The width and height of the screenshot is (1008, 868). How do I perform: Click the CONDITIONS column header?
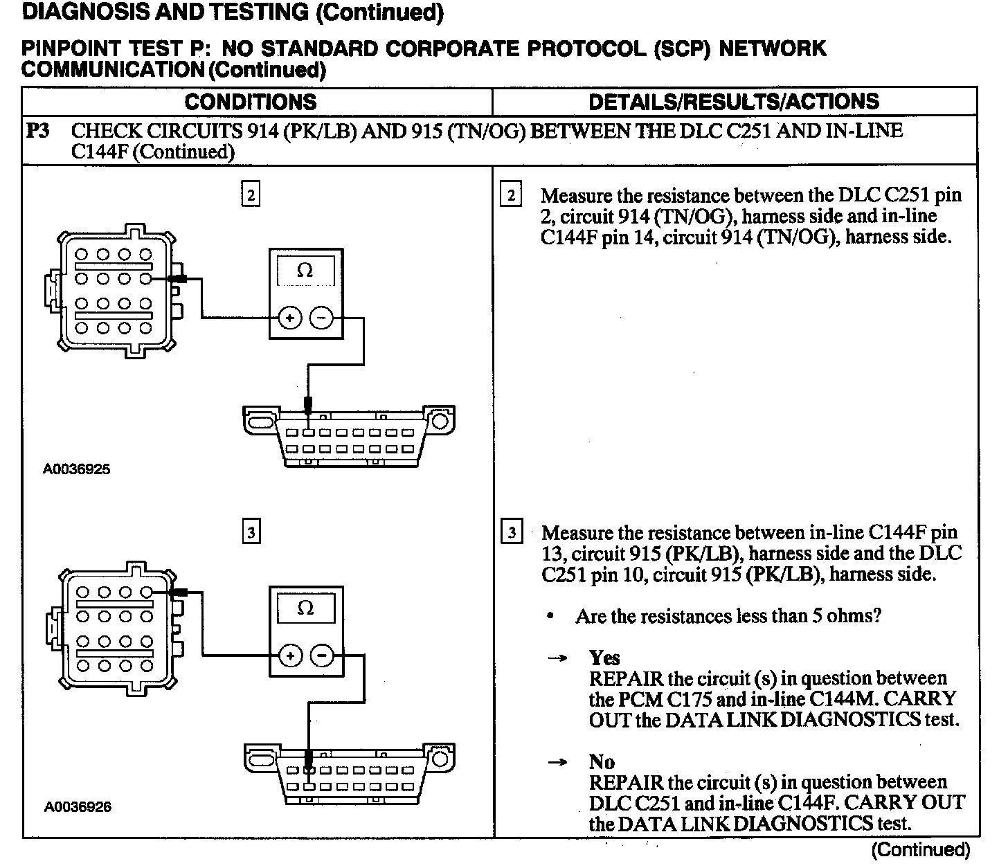(250, 102)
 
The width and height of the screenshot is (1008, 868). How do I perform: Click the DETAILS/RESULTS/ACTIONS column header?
(733, 102)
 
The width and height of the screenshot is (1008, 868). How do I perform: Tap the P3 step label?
(38, 130)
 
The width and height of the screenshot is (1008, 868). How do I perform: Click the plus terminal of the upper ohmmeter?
(289, 318)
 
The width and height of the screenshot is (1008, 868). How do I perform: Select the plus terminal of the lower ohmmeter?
(289, 655)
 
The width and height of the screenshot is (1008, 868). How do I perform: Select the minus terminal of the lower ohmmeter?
(321, 655)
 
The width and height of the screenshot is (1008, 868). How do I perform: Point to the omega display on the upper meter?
(305, 271)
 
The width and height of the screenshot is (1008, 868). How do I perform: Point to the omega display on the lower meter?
(305, 608)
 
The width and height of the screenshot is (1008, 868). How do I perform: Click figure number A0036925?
(77, 469)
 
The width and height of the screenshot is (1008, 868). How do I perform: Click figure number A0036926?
(78, 806)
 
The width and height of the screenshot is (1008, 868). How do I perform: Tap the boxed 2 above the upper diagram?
(251, 195)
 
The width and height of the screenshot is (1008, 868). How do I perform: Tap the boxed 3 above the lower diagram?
(251, 532)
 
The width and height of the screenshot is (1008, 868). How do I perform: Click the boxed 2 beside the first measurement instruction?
(511, 195)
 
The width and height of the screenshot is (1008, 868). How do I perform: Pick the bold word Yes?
(604, 658)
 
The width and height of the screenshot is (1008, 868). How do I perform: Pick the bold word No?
(602, 762)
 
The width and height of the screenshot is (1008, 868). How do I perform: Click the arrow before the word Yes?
(558, 658)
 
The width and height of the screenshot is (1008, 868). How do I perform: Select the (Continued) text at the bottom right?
(921, 849)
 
